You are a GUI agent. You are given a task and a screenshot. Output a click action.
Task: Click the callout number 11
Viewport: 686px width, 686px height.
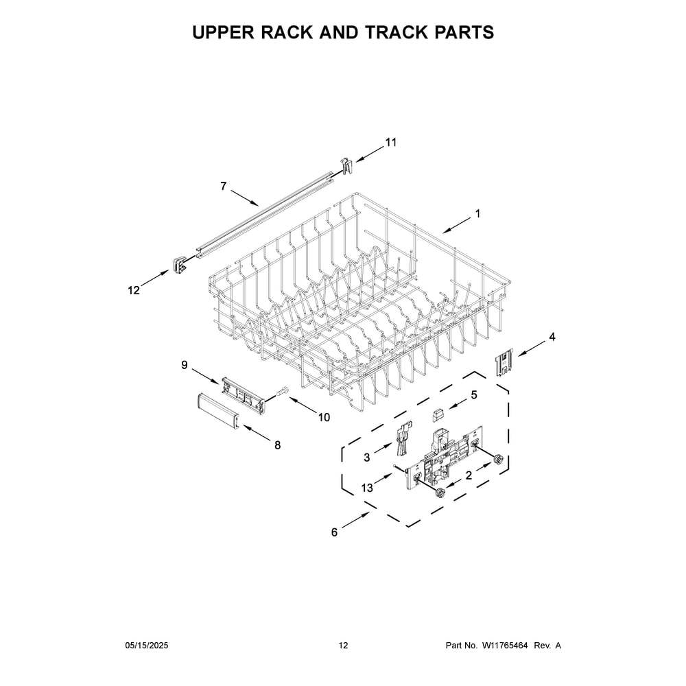(x=390, y=143)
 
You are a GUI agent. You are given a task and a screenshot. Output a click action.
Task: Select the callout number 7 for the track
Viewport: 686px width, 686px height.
(x=224, y=186)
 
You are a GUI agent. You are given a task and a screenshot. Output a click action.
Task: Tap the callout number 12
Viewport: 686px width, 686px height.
(x=134, y=290)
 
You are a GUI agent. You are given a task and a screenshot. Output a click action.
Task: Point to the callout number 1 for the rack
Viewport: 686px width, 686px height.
(x=477, y=213)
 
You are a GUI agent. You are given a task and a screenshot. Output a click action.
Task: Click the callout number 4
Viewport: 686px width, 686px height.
(x=552, y=337)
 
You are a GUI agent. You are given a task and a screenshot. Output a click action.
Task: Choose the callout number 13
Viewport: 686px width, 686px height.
(x=368, y=488)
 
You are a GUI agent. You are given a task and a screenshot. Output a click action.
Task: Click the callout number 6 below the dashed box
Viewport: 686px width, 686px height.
(x=334, y=532)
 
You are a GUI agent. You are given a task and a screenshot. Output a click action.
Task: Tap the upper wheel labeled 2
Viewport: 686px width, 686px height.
(x=497, y=460)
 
